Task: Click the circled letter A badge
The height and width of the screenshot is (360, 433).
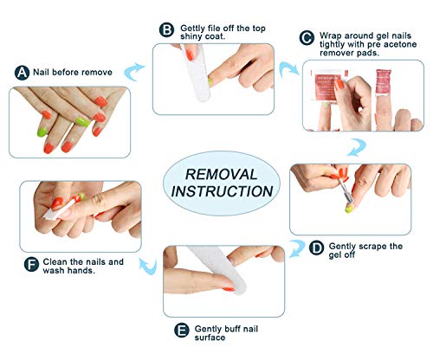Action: tap(22, 74)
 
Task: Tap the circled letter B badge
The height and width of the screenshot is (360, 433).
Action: tap(166, 29)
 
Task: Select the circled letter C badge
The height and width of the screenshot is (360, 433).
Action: tap(307, 37)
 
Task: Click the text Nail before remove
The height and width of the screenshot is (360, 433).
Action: tap(73, 73)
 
